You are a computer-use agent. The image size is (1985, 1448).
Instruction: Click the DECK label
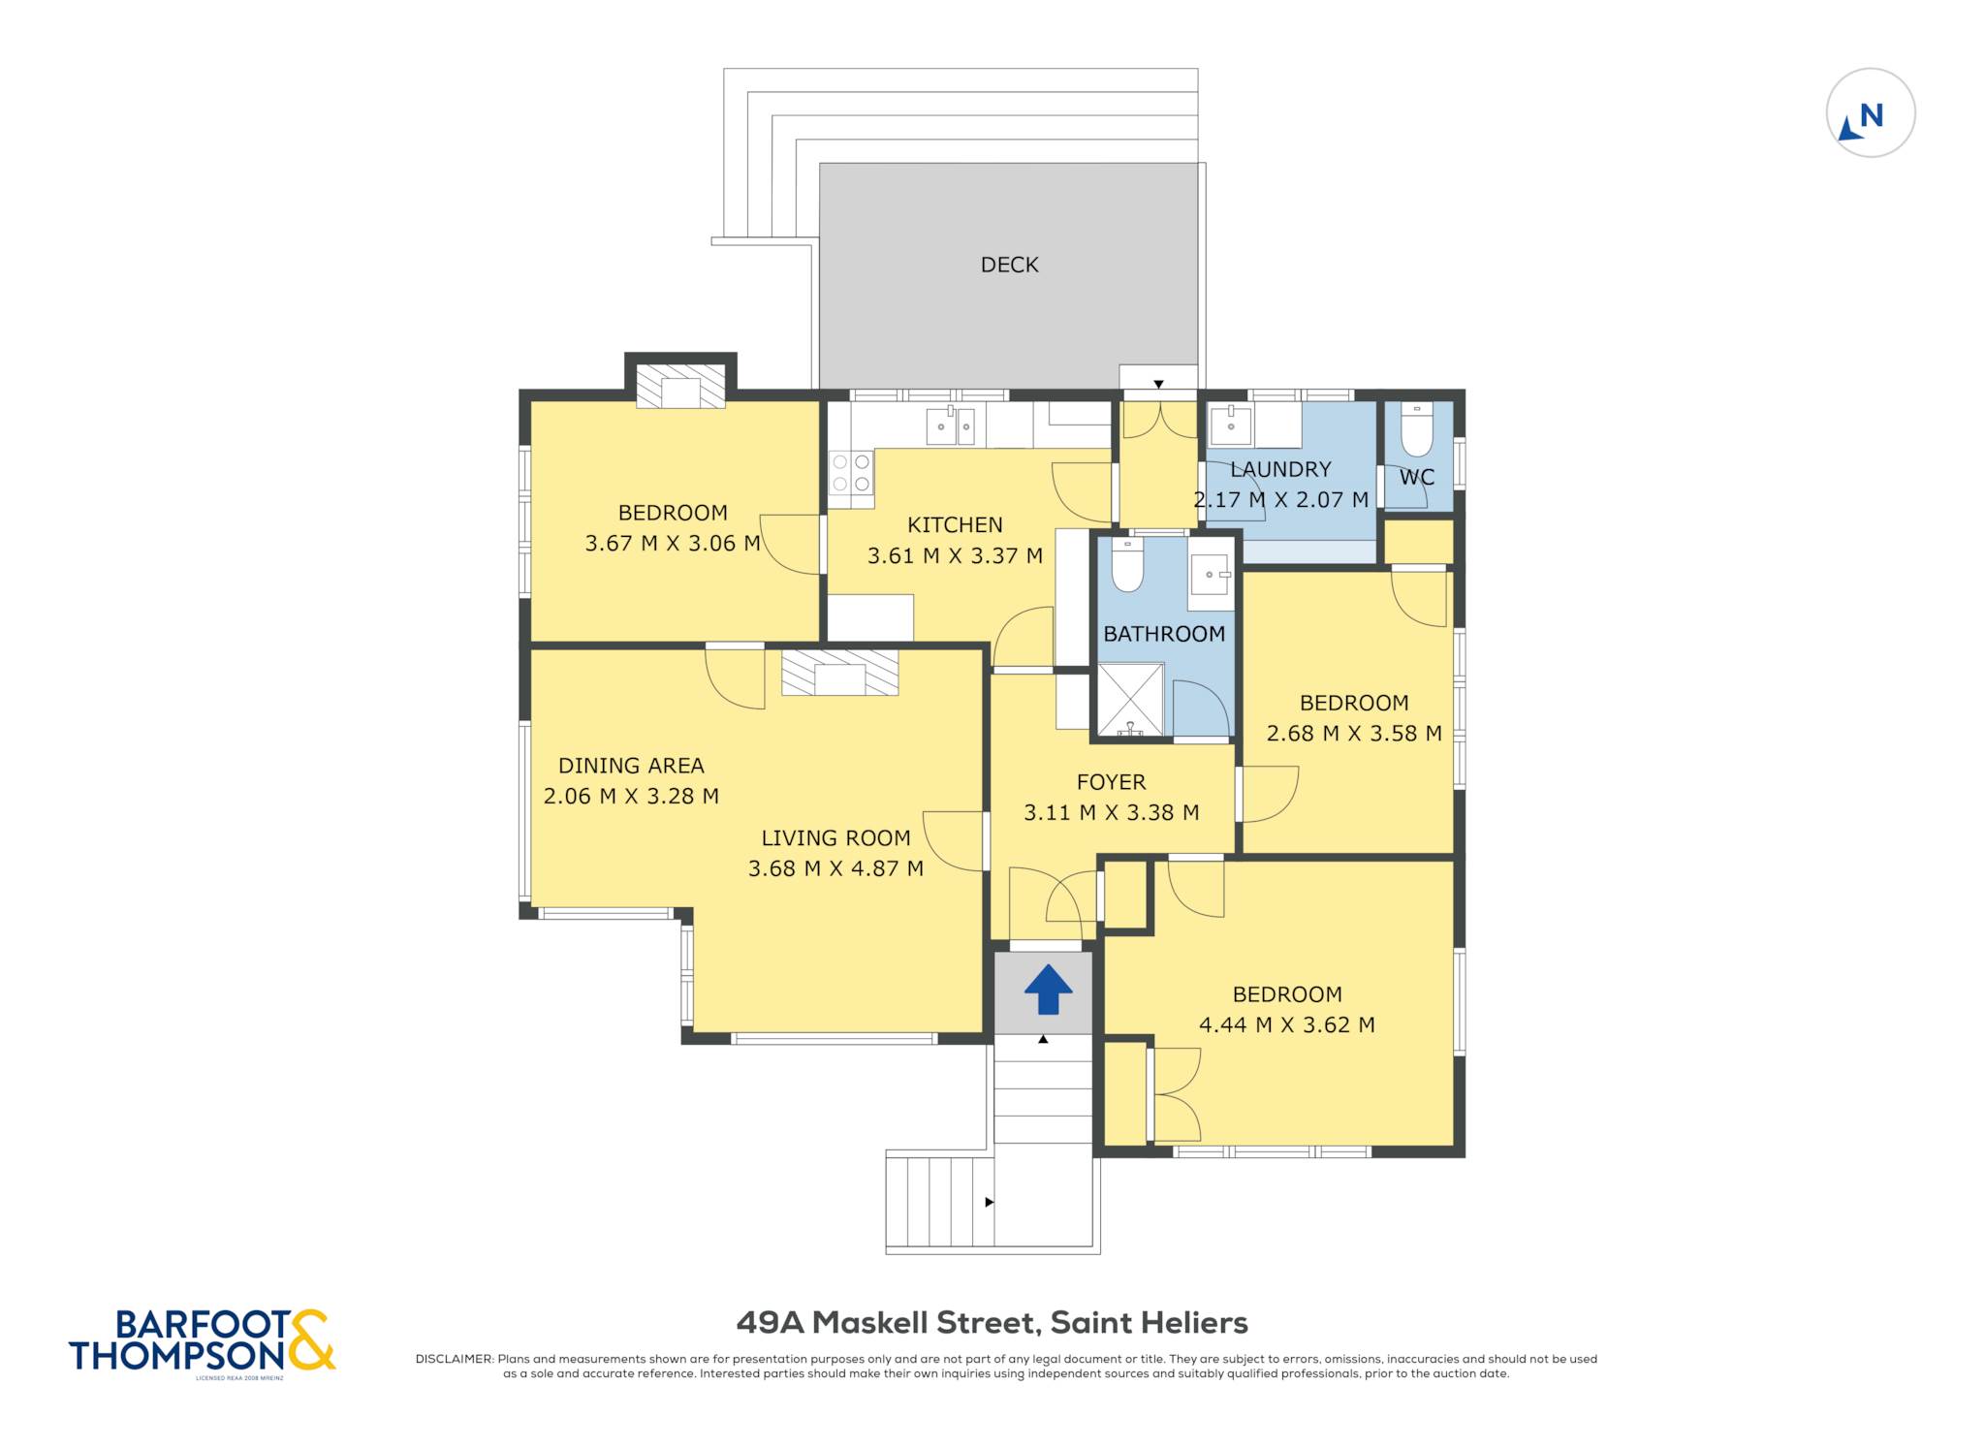tap(1009, 265)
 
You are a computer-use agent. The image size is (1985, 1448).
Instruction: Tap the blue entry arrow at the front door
tap(1048, 990)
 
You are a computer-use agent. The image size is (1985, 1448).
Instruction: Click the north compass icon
tap(1870, 113)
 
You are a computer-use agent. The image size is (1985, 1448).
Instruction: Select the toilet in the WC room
tap(1417, 429)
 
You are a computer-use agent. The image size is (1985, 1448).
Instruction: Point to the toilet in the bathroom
tap(1127, 565)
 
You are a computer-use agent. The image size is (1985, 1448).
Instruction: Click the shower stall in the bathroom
tap(1130, 699)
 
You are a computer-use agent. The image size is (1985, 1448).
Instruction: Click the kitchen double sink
tap(950, 425)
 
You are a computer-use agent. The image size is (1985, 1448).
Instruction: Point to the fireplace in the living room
tap(839, 673)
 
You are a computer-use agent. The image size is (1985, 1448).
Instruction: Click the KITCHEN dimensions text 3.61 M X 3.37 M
tap(955, 556)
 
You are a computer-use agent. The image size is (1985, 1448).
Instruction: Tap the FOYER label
tap(1111, 782)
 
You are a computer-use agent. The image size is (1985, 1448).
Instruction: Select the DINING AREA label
tap(631, 766)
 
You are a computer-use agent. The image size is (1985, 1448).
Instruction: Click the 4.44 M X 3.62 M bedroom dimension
tap(1287, 1025)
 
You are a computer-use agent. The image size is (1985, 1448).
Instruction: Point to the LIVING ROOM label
tap(835, 838)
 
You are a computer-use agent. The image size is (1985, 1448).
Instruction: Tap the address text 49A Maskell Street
tap(888, 1323)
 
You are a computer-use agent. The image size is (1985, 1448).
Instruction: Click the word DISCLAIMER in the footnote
tap(454, 1359)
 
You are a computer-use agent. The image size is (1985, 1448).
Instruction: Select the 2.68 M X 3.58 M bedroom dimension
tap(1354, 734)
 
